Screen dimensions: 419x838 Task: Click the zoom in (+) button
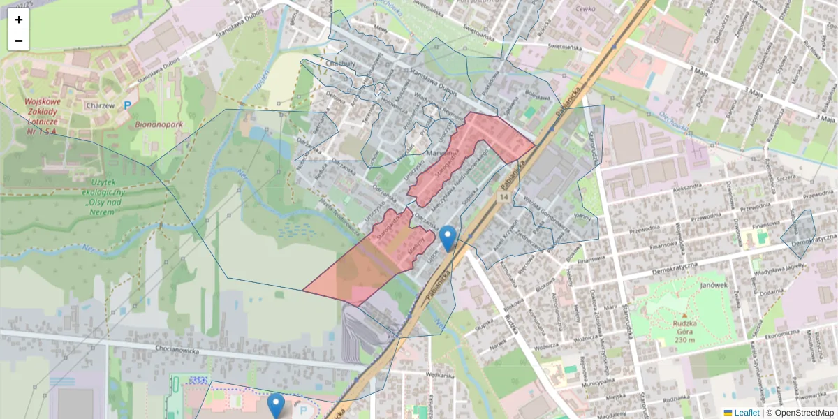[19, 20]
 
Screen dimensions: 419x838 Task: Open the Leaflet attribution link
[746, 413]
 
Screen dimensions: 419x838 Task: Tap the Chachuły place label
[341, 64]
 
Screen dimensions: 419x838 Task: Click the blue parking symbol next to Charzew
[127, 106]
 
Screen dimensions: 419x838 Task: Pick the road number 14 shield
[503, 198]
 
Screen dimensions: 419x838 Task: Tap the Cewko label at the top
[585, 9]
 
